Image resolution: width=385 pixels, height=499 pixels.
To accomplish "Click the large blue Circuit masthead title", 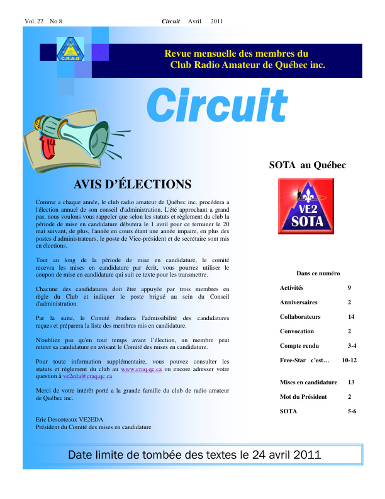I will point(217,106).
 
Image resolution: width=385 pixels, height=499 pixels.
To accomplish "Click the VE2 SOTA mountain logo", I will point(308,206).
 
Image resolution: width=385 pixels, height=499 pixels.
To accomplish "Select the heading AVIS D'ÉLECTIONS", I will point(133,185).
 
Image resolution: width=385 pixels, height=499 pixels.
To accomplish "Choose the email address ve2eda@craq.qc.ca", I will point(87,376).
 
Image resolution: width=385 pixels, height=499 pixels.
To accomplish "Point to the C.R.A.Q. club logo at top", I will point(71,49).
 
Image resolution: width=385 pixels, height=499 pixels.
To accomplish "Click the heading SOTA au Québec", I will point(308,166).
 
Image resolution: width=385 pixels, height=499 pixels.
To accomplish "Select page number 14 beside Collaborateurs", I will point(351,317).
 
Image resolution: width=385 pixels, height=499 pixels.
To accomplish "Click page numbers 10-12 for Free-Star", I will point(349,360).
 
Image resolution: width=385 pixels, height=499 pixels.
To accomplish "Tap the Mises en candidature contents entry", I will point(308,382).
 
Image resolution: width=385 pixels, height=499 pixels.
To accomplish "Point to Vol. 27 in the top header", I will point(34,21).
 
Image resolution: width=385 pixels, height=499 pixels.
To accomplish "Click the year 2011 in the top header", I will point(217,21).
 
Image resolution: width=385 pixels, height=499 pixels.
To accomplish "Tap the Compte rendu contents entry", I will point(299,346).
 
